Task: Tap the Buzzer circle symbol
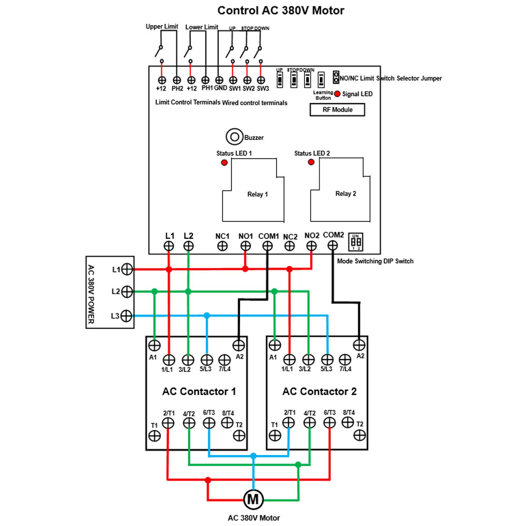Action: click(234, 137)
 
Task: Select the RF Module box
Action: click(337, 110)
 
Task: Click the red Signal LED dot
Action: click(336, 94)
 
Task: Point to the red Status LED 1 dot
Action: click(224, 163)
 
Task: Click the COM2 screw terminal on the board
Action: click(332, 245)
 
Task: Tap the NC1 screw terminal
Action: click(222, 246)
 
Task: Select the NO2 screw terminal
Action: click(311, 246)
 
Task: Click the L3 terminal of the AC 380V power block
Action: click(127, 316)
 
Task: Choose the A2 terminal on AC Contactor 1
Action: click(239, 345)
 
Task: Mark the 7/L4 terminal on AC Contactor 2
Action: click(345, 360)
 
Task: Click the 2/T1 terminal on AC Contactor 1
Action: click(168, 422)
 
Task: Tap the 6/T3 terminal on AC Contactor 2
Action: click(330, 422)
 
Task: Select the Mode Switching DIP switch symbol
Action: click(356, 242)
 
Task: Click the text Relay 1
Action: click(258, 194)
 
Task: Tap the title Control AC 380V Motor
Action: click(281, 11)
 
